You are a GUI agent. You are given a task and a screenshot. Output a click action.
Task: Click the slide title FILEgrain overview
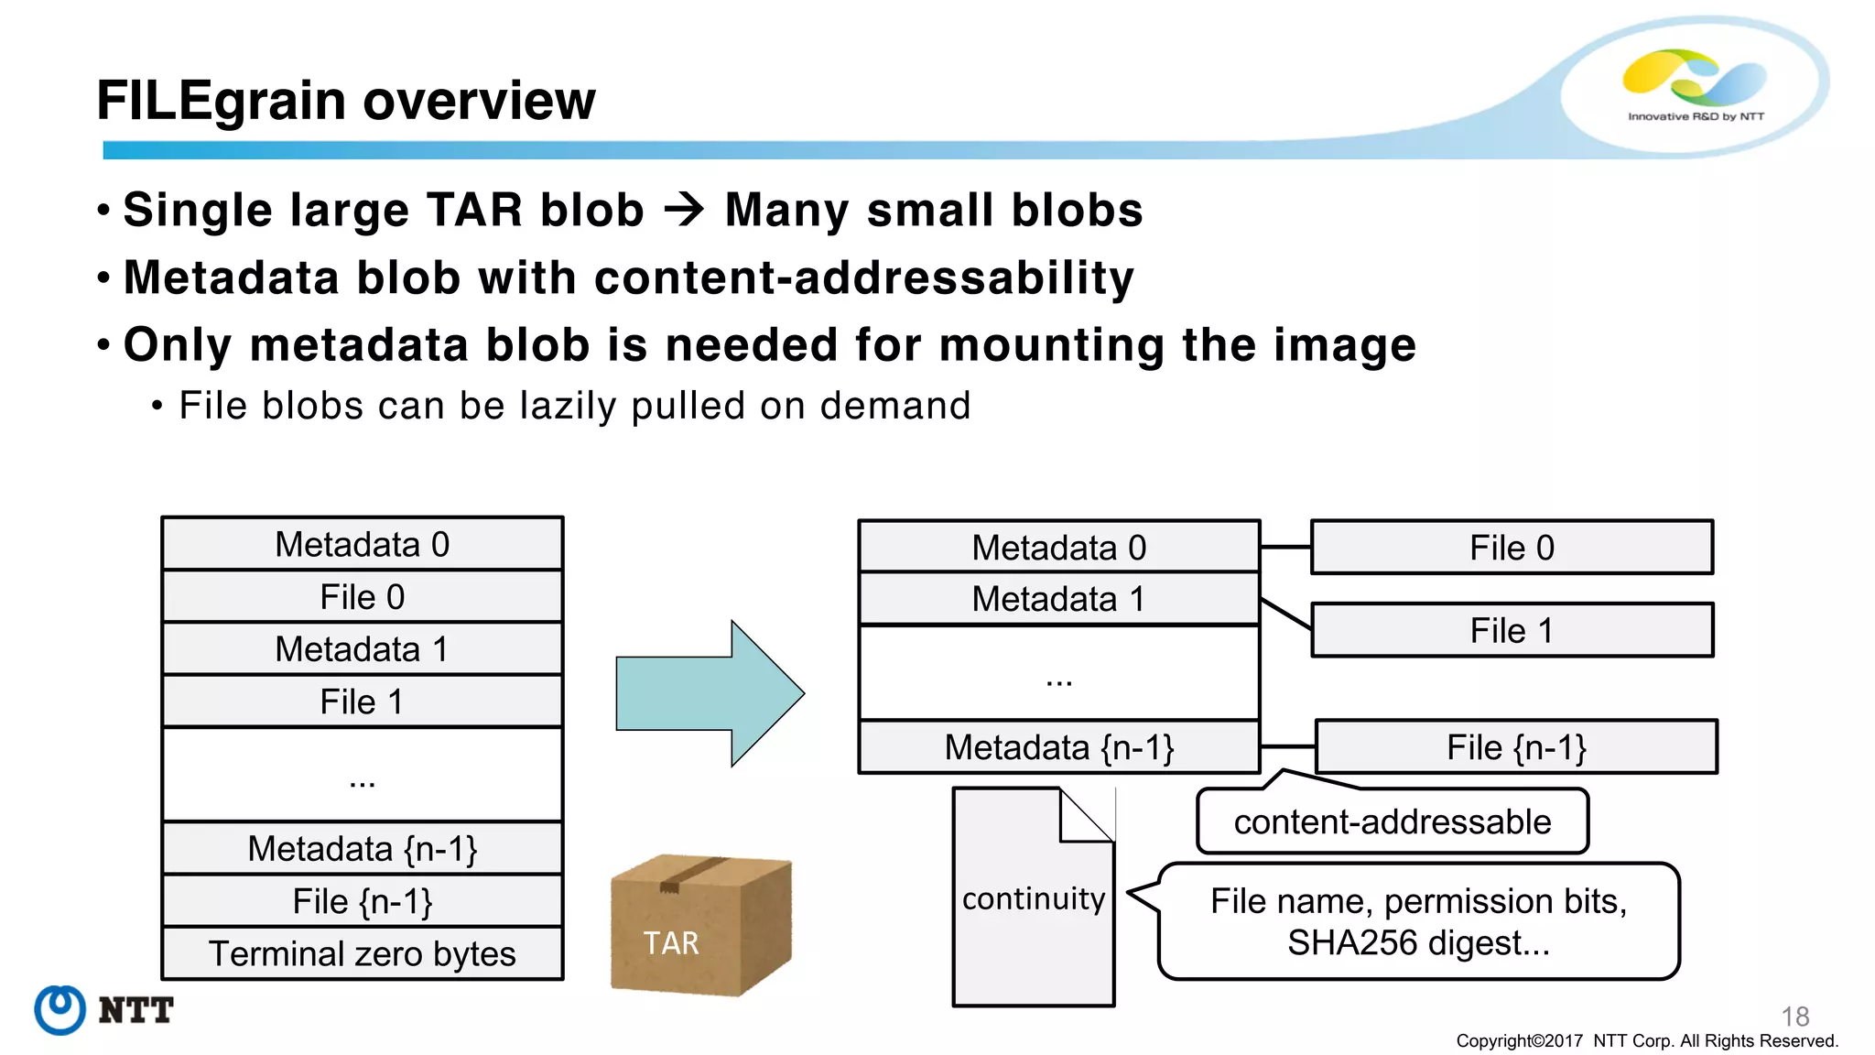345,100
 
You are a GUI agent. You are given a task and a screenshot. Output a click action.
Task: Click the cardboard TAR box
700,925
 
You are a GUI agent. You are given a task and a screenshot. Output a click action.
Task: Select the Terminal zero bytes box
362,953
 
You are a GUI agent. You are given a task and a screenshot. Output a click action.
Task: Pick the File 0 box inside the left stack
362,597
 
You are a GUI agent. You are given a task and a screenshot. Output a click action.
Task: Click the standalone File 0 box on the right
1512,548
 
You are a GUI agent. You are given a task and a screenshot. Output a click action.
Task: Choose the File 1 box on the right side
1512,630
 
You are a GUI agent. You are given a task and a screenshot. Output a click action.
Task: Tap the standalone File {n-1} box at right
1516,747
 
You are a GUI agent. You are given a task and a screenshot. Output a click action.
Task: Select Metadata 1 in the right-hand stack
1058,599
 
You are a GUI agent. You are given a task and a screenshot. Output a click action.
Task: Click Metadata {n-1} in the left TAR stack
362,849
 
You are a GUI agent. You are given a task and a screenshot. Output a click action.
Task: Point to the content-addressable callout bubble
1392,821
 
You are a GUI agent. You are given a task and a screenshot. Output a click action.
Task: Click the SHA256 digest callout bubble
1418,921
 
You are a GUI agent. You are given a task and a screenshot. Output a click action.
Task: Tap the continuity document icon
1033,898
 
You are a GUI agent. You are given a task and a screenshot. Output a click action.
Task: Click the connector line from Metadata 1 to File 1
1285,614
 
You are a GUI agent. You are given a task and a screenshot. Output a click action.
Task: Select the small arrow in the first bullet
684,210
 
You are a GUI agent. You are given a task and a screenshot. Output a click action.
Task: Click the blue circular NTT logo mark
60,1010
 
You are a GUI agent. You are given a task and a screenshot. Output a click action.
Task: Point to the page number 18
1794,1016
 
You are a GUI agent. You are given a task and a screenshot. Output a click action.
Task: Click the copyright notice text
1646,1041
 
